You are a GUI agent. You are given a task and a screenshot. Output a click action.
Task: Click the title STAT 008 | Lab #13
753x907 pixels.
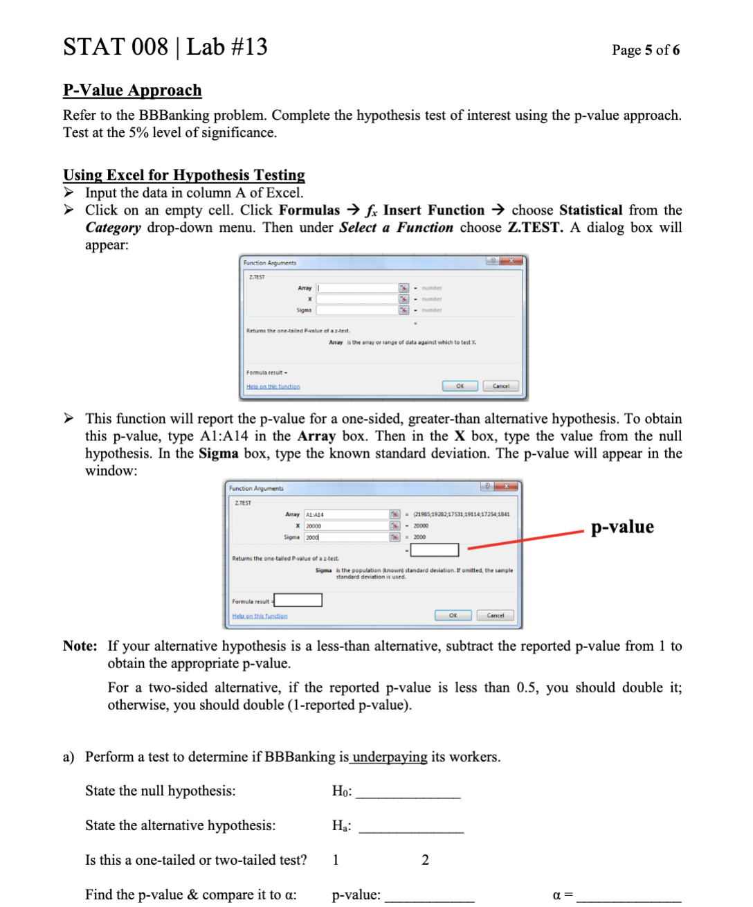165,47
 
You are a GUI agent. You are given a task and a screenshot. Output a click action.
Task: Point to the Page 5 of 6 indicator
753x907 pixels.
645,50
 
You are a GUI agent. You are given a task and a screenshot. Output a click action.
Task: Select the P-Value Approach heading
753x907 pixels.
132,91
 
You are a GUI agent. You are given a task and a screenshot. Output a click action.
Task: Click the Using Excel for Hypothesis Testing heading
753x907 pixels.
183,175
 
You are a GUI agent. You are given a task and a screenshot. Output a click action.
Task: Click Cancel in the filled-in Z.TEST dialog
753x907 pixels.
495,616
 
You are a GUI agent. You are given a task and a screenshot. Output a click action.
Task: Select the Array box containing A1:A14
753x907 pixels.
346,514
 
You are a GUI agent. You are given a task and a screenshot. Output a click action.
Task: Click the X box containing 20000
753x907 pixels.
346,526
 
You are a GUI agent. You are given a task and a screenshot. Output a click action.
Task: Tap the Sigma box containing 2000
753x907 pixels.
346,537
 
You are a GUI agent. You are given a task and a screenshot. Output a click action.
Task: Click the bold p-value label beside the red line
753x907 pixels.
622,527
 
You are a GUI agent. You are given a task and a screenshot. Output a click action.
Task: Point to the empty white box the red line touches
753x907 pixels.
435,550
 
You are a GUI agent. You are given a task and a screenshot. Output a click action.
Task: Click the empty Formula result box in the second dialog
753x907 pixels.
298,600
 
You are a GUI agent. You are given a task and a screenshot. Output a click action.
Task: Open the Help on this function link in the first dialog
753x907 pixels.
273,387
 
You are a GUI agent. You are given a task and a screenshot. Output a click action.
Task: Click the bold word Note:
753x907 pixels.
80,646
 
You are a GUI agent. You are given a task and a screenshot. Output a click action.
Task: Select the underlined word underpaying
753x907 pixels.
390,757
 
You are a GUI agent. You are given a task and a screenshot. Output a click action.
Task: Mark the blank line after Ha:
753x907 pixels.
411,829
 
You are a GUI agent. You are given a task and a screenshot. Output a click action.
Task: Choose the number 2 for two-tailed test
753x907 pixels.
425,860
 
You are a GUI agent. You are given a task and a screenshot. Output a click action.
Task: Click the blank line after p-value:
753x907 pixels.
429,898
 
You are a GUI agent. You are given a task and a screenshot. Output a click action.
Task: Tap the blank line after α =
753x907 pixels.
628,898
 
